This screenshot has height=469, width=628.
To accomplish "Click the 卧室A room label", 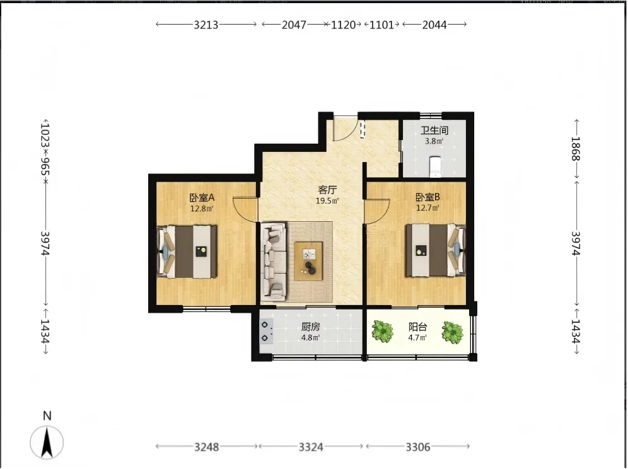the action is pyautogui.click(x=202, y=197).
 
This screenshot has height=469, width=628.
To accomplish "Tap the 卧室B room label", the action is pyautogui.click(x=427, y=197).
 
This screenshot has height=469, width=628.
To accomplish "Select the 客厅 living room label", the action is pyautogui.click(x=327, y=190).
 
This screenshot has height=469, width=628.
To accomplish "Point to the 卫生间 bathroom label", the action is pyautogui.click(x=434, y=130).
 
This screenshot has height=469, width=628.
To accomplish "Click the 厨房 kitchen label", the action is pyautogui.click(x=310, y=327).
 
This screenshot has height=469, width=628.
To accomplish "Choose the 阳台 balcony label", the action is pyautogui.click(x=417, y=327).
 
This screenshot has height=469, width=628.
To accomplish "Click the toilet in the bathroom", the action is pyautogui.click(x=434, y=166).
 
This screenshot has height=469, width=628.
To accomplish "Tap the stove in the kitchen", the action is pyautogui.click(x=266, y=331).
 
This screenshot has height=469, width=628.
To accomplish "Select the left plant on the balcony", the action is pyautogui.click(x=383, y=331).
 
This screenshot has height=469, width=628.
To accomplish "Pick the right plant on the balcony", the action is pyautogui.click(x=453, y=332).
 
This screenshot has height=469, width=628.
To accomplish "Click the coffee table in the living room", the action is pyautogui.click(x=308, y=261).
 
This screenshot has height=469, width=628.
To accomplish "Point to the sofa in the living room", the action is pyautogui.click(x=274, y=262).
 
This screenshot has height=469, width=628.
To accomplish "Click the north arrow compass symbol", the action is pyautogui.click(x=47, y=442).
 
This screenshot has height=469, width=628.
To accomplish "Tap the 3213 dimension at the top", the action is pyautogui.click(x=206, y=25).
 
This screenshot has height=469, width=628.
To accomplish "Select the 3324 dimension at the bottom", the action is pyautogui.click(x=311, y=447).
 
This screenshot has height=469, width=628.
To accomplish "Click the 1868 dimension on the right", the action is pyautogui.click(x=576, y=149).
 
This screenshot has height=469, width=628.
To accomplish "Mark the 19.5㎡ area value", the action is pyautogui.click(x=327, y=201).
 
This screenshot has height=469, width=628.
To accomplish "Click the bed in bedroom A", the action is pyautogui.click(x=187, y=252).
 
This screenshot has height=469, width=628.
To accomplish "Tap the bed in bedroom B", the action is pyautogui.click(x=435, y=250).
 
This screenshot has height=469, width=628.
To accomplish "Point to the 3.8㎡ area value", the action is pyautogui.click(x=434, y=141).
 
